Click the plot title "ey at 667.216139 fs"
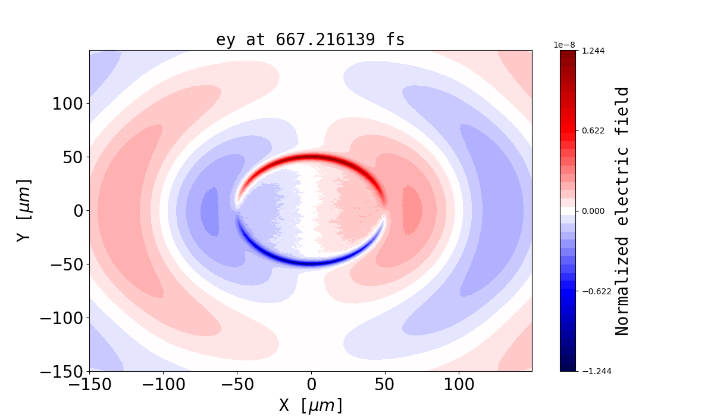pos(310,40)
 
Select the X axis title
pos(311,406)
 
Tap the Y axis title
pos(23,210)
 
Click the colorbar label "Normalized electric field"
pos(622,211)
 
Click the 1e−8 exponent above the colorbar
pos(563,45)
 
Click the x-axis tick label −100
pos(163,385)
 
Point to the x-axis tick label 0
pos(311,385)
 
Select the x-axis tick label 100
pos(459,385)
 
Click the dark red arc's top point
pos(311,157)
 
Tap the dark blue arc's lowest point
pos(311,263)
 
